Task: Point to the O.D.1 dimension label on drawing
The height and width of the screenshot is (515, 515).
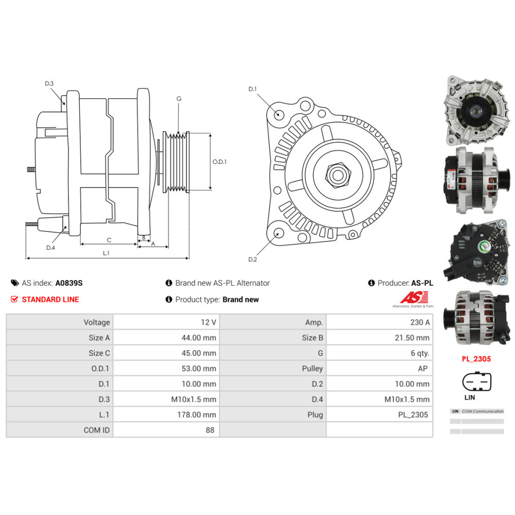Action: pos(219,162)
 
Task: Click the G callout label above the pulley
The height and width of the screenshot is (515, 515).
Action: pos(179,98)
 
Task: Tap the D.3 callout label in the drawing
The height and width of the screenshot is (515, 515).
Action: pos(49,83)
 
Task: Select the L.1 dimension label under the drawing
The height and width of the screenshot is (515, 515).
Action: pos(106,253)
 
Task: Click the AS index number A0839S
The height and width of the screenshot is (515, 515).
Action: pos(69,283)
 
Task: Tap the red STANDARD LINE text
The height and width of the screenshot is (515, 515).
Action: pos(50,299)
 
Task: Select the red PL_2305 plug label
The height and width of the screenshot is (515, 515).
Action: pos(476,359)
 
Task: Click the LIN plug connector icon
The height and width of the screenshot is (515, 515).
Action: pos(477,382)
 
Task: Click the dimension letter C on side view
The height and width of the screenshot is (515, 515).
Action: pos(109,240)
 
